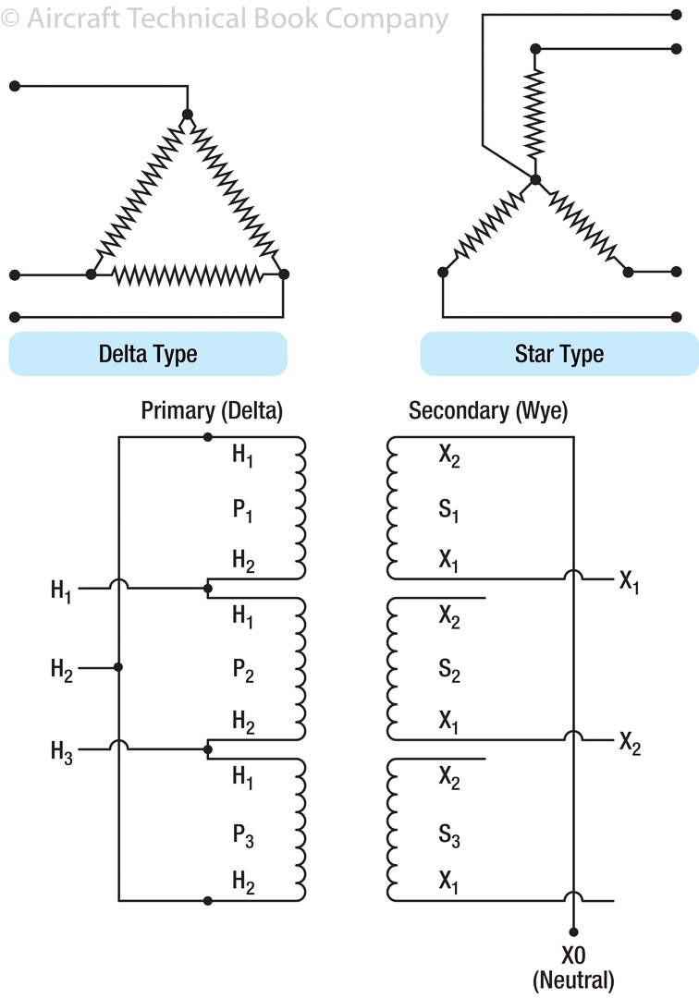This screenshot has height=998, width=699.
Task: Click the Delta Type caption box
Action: click(148, 354)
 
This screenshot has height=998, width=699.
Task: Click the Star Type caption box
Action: click(558, 354)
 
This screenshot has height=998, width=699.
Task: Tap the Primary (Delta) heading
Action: click(212, 411)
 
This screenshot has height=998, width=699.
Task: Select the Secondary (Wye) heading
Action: click(488, 411)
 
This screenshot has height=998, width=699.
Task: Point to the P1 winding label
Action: click(243, 510)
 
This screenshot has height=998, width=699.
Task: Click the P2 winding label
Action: click(243, 673)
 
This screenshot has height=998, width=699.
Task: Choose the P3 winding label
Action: click(243, 838)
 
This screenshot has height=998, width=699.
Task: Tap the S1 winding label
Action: click(449, 510)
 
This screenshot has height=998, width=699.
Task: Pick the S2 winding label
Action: click(449, 673)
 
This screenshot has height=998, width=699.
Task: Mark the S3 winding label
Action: click(449, 838)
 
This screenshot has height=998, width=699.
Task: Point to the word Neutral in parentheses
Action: click(573, 980)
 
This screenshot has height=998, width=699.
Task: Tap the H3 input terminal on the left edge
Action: click(61, 751)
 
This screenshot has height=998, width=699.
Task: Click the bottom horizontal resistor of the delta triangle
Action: click(188, 274)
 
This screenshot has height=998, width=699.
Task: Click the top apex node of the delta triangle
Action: click(188, 115)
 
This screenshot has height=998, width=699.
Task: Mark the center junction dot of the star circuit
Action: click(534, 179)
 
